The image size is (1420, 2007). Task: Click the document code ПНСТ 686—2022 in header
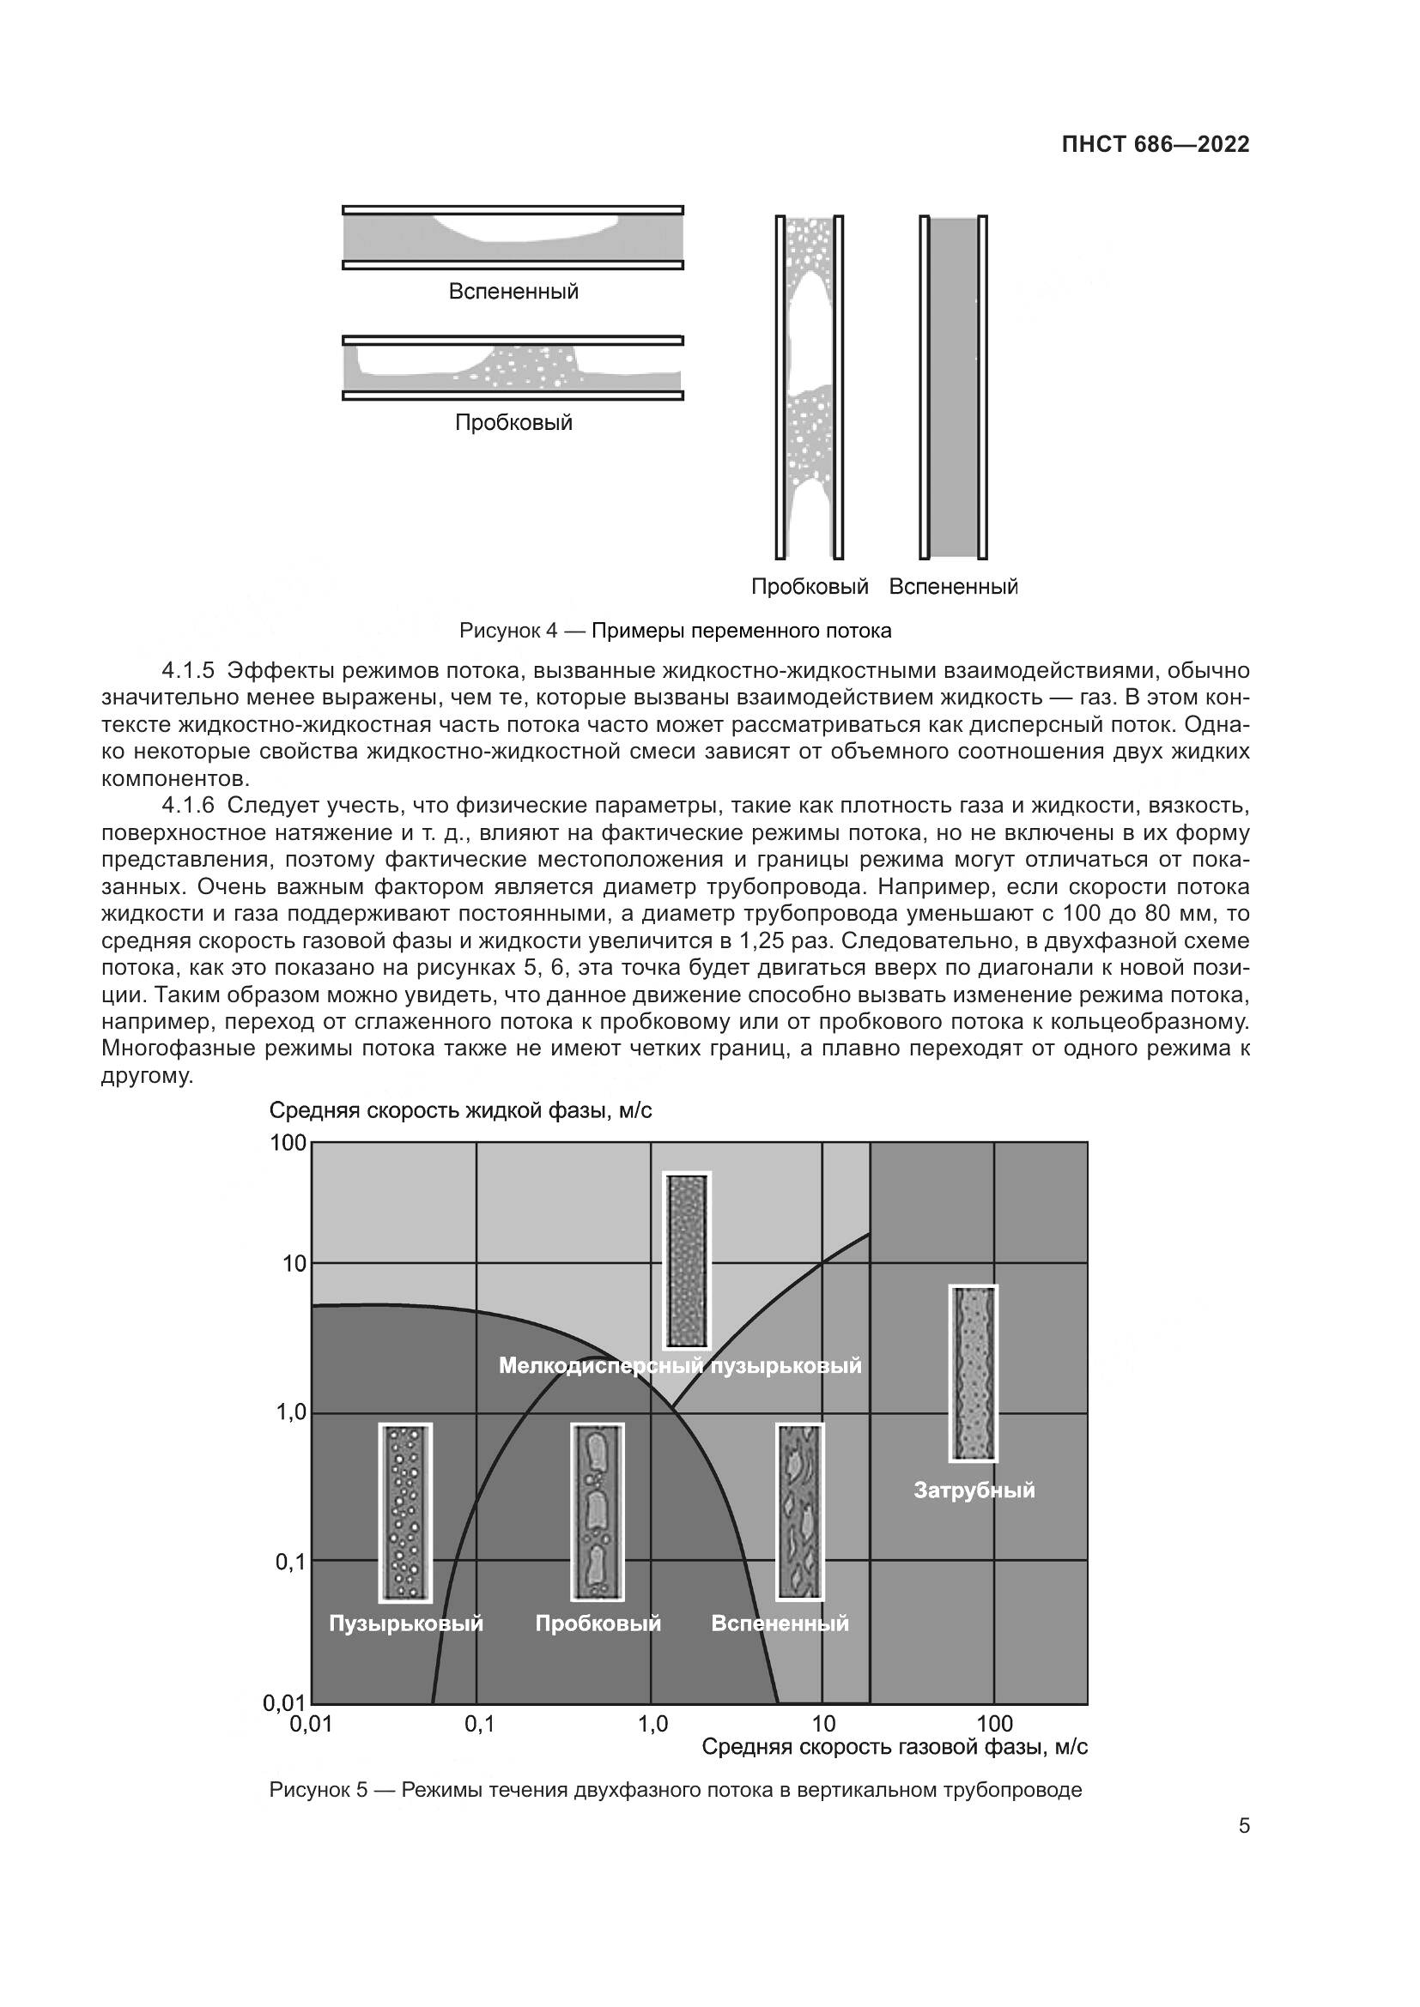coord(1155,144)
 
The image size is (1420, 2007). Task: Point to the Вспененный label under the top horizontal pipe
coord(513,291)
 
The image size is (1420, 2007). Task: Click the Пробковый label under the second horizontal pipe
coord(513,422)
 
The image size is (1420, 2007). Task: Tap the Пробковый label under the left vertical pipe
coord(810,586)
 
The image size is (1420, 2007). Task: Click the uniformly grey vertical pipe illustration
coord(952,386)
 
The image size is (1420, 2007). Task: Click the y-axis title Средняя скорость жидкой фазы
coord(460,1110)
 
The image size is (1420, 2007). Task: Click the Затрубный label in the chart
coord(974,1490)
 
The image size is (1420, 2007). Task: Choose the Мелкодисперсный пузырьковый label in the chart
coord(679,1365)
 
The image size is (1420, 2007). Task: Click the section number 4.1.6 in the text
coord(187,805)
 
